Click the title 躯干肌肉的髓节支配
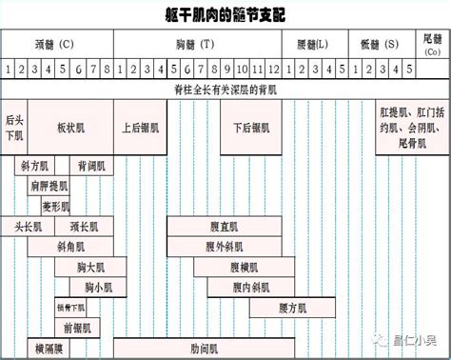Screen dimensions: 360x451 [x=225, y=15]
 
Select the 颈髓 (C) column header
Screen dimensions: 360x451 [x=54, y=44]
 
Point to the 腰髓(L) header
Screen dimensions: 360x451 [x=312, y=44]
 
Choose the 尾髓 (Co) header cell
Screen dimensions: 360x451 [x=433, y=44]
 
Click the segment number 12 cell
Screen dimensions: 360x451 [x=273, y=70]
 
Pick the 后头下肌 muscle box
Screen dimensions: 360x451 [x=14, y=127]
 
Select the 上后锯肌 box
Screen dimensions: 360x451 [x=140, y=127]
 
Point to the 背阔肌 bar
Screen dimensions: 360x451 [x=90, y=166]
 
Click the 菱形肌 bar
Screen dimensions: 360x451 [x=56, y=206]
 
